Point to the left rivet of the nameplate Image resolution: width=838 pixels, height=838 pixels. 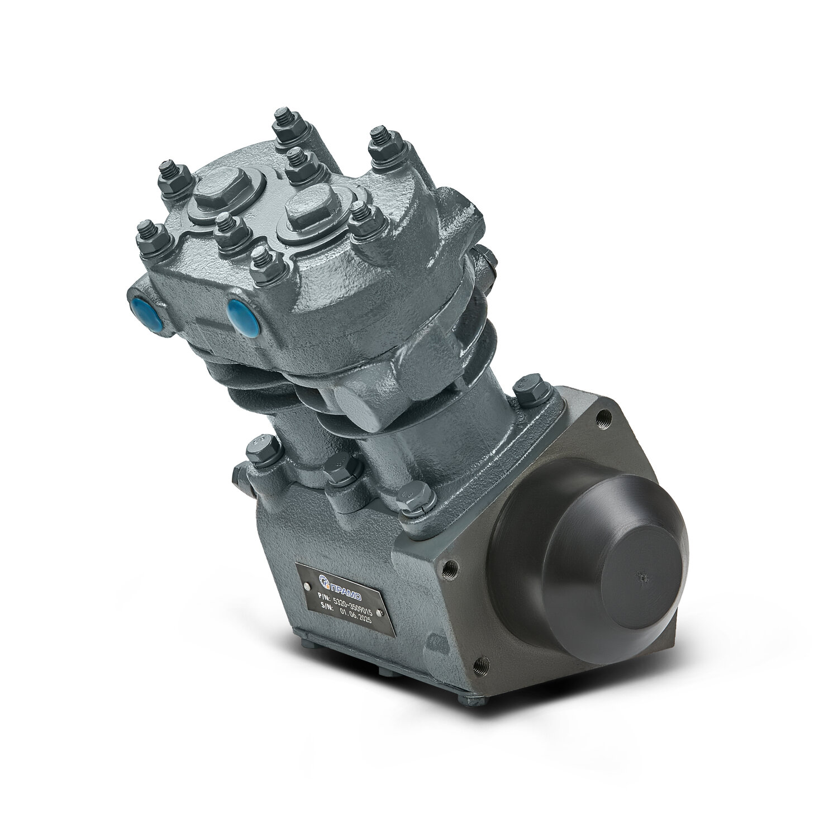pyautogui.click(x=307, y=587)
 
